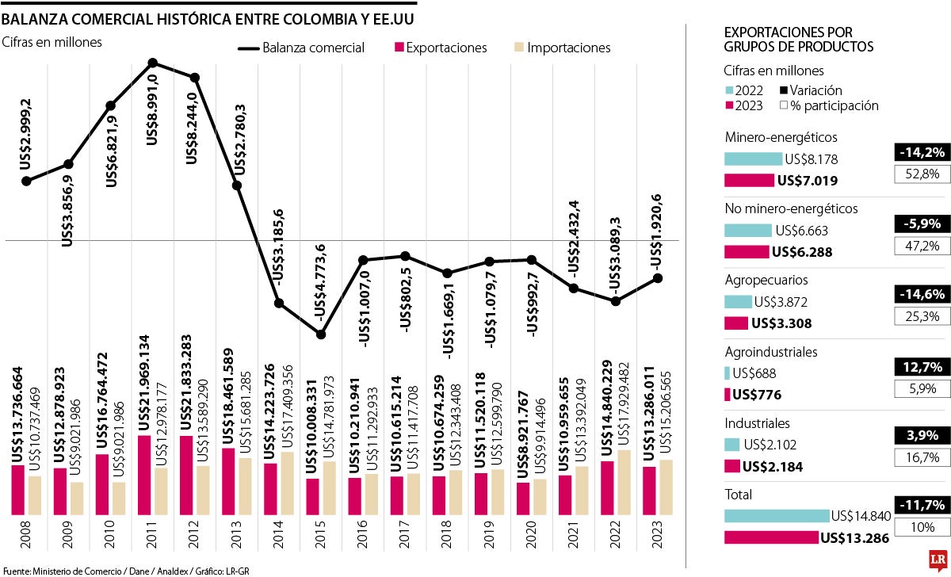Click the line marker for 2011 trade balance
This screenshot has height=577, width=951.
(x=153, y=63)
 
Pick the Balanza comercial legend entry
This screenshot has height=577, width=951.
(x=302, y=48)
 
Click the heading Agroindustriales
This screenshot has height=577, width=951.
(x=771, y=352)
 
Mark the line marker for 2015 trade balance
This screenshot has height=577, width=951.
(x=321, y=334)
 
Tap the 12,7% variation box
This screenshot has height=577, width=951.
(x=922, y=367)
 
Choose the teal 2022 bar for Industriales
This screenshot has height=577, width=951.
(x=731, y=445)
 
